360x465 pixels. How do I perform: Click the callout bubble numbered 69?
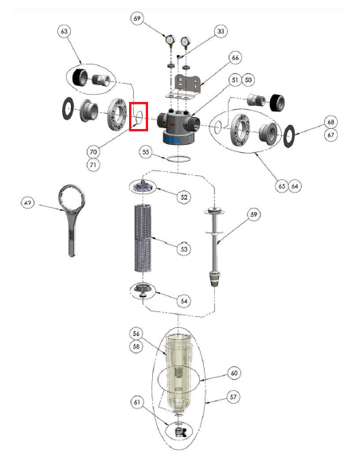point(137,18)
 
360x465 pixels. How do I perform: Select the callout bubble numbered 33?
point(221,31)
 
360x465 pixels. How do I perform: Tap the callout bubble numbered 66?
point(235,57)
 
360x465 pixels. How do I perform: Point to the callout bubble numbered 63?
point(64,31)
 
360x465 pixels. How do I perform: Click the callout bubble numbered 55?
point(146,152)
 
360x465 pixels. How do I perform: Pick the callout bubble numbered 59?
point(254,214)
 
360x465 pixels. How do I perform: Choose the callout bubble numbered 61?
point(137,402)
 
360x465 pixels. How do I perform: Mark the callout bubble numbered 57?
point(233,397)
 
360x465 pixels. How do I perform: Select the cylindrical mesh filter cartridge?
point(143,237)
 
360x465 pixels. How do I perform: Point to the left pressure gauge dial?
point(170,39)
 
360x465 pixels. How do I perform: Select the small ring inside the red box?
point(139,116)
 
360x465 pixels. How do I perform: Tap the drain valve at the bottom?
point(181,432)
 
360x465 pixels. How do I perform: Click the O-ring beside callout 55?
point(178,159)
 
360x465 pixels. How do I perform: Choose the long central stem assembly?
point(215,248)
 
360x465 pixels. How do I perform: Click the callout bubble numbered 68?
point(331,122)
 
